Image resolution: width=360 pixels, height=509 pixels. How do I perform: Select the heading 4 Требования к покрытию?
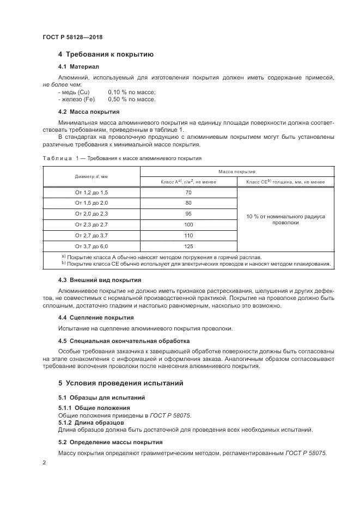tap(106, 54)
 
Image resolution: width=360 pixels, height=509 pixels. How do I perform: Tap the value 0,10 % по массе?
tap(131, 92)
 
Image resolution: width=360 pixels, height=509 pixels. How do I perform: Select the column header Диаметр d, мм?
tap(91, 176)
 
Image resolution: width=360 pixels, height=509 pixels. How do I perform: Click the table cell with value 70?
tap(188, 193)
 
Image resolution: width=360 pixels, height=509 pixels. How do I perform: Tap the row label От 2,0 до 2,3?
tap(91, 214)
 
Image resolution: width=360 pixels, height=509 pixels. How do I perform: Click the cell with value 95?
tap(188, 214)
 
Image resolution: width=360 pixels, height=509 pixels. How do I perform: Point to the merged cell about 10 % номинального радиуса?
tap(285, 219)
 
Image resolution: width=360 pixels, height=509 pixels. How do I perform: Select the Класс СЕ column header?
tap(285, 182)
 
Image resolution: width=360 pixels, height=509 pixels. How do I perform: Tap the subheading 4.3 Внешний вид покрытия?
tap(99, 280)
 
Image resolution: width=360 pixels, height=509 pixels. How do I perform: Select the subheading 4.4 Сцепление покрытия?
tap(95, 317)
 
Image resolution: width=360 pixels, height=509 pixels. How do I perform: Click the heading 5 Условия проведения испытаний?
tap(120, 383)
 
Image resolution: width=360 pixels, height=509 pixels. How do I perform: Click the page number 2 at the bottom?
tap(44, 462)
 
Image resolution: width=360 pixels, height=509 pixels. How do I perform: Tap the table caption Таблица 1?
tap(121, 158)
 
